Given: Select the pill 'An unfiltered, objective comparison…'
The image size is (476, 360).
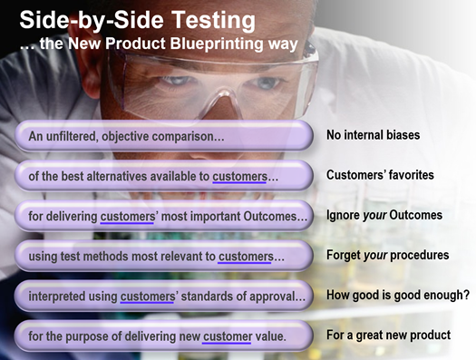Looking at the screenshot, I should point(126,136).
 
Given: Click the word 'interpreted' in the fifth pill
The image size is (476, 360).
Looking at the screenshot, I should point(60,297).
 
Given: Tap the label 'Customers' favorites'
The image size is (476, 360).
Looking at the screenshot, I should point(380,175).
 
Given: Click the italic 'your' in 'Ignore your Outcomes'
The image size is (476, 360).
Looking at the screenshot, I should point(374,216).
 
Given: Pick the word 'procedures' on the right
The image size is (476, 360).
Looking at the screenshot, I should point(421,256).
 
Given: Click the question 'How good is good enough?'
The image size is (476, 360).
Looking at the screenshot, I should point(397,296).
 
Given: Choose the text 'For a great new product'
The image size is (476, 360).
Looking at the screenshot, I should point(388,336).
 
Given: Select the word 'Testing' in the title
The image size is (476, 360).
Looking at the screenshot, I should point(209,19).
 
